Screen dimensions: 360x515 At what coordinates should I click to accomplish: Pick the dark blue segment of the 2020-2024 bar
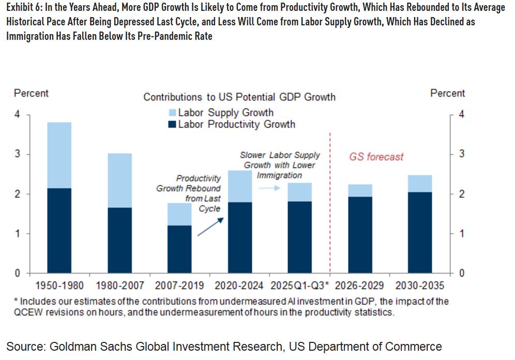click(x=239, y=237)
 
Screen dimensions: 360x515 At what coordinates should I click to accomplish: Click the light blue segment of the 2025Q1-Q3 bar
click(x=299, y=192)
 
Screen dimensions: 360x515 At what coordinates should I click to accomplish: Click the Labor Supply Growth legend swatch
click(x=173, y=113)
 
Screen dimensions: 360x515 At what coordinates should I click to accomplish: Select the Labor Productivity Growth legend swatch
click(x=173, y=125)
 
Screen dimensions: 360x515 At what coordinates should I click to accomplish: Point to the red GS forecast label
click(x=375, y=157)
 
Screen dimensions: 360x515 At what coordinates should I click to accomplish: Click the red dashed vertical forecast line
click(x=330, y=207)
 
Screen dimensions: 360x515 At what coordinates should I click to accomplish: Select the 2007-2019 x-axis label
click(x=180, y=286)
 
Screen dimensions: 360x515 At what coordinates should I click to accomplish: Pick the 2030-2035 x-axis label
click(x=420, y=286)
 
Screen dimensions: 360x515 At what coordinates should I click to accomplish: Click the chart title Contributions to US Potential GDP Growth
click(x=239, y=97)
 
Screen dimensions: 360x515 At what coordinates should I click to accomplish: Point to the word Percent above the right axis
click(x=447, y=94)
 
